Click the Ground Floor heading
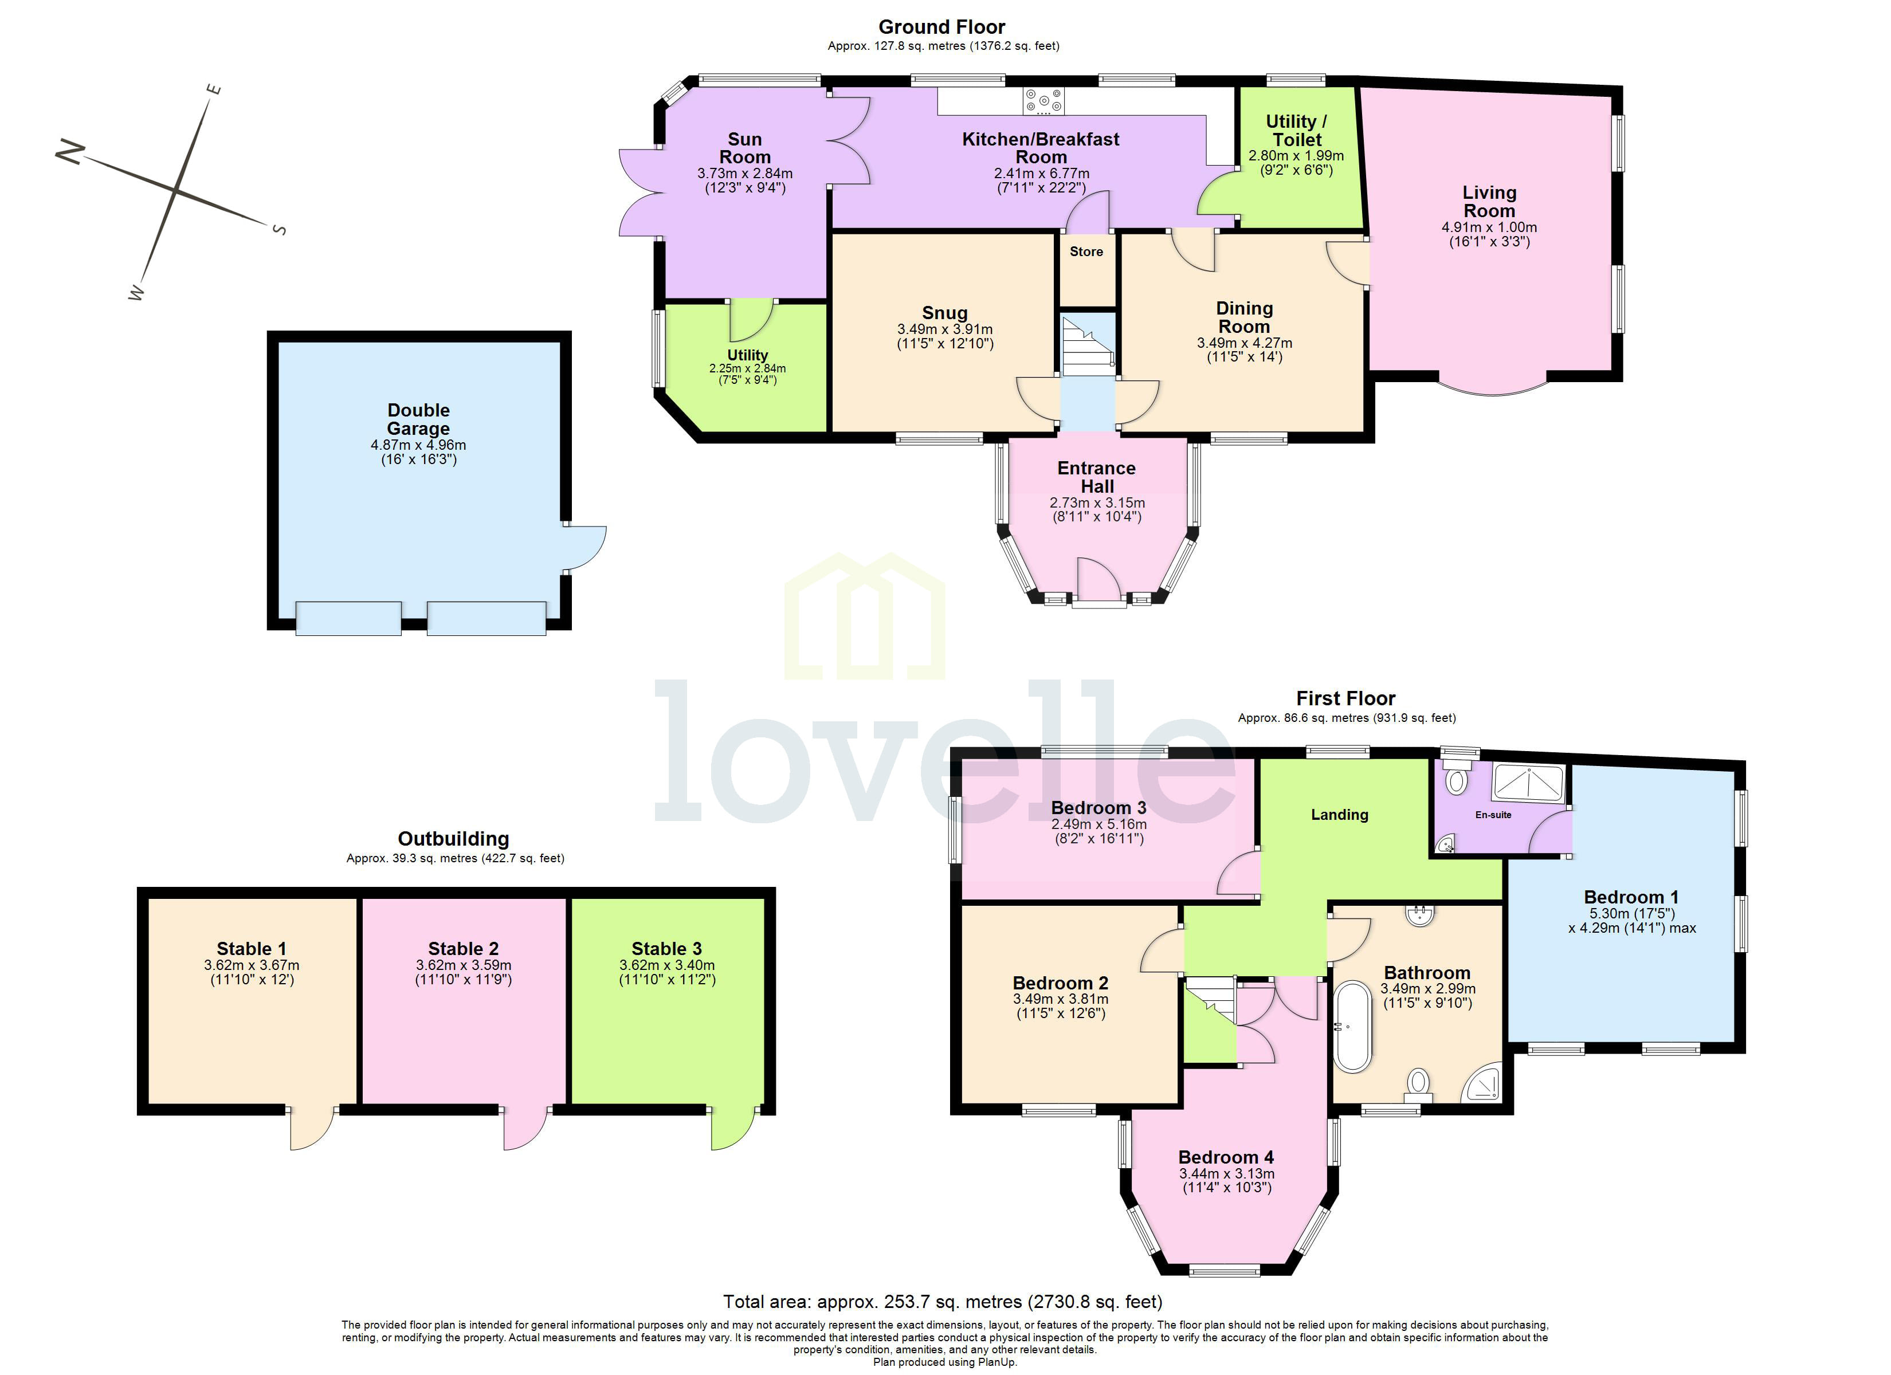tap(941, 27)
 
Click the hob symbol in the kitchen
tap(1044, 101)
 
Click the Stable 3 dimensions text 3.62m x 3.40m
tap(666, 965)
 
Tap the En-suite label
tap(1492, 815)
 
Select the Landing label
tap(1339, 815)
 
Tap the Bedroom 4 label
tap(1226, 1157)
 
